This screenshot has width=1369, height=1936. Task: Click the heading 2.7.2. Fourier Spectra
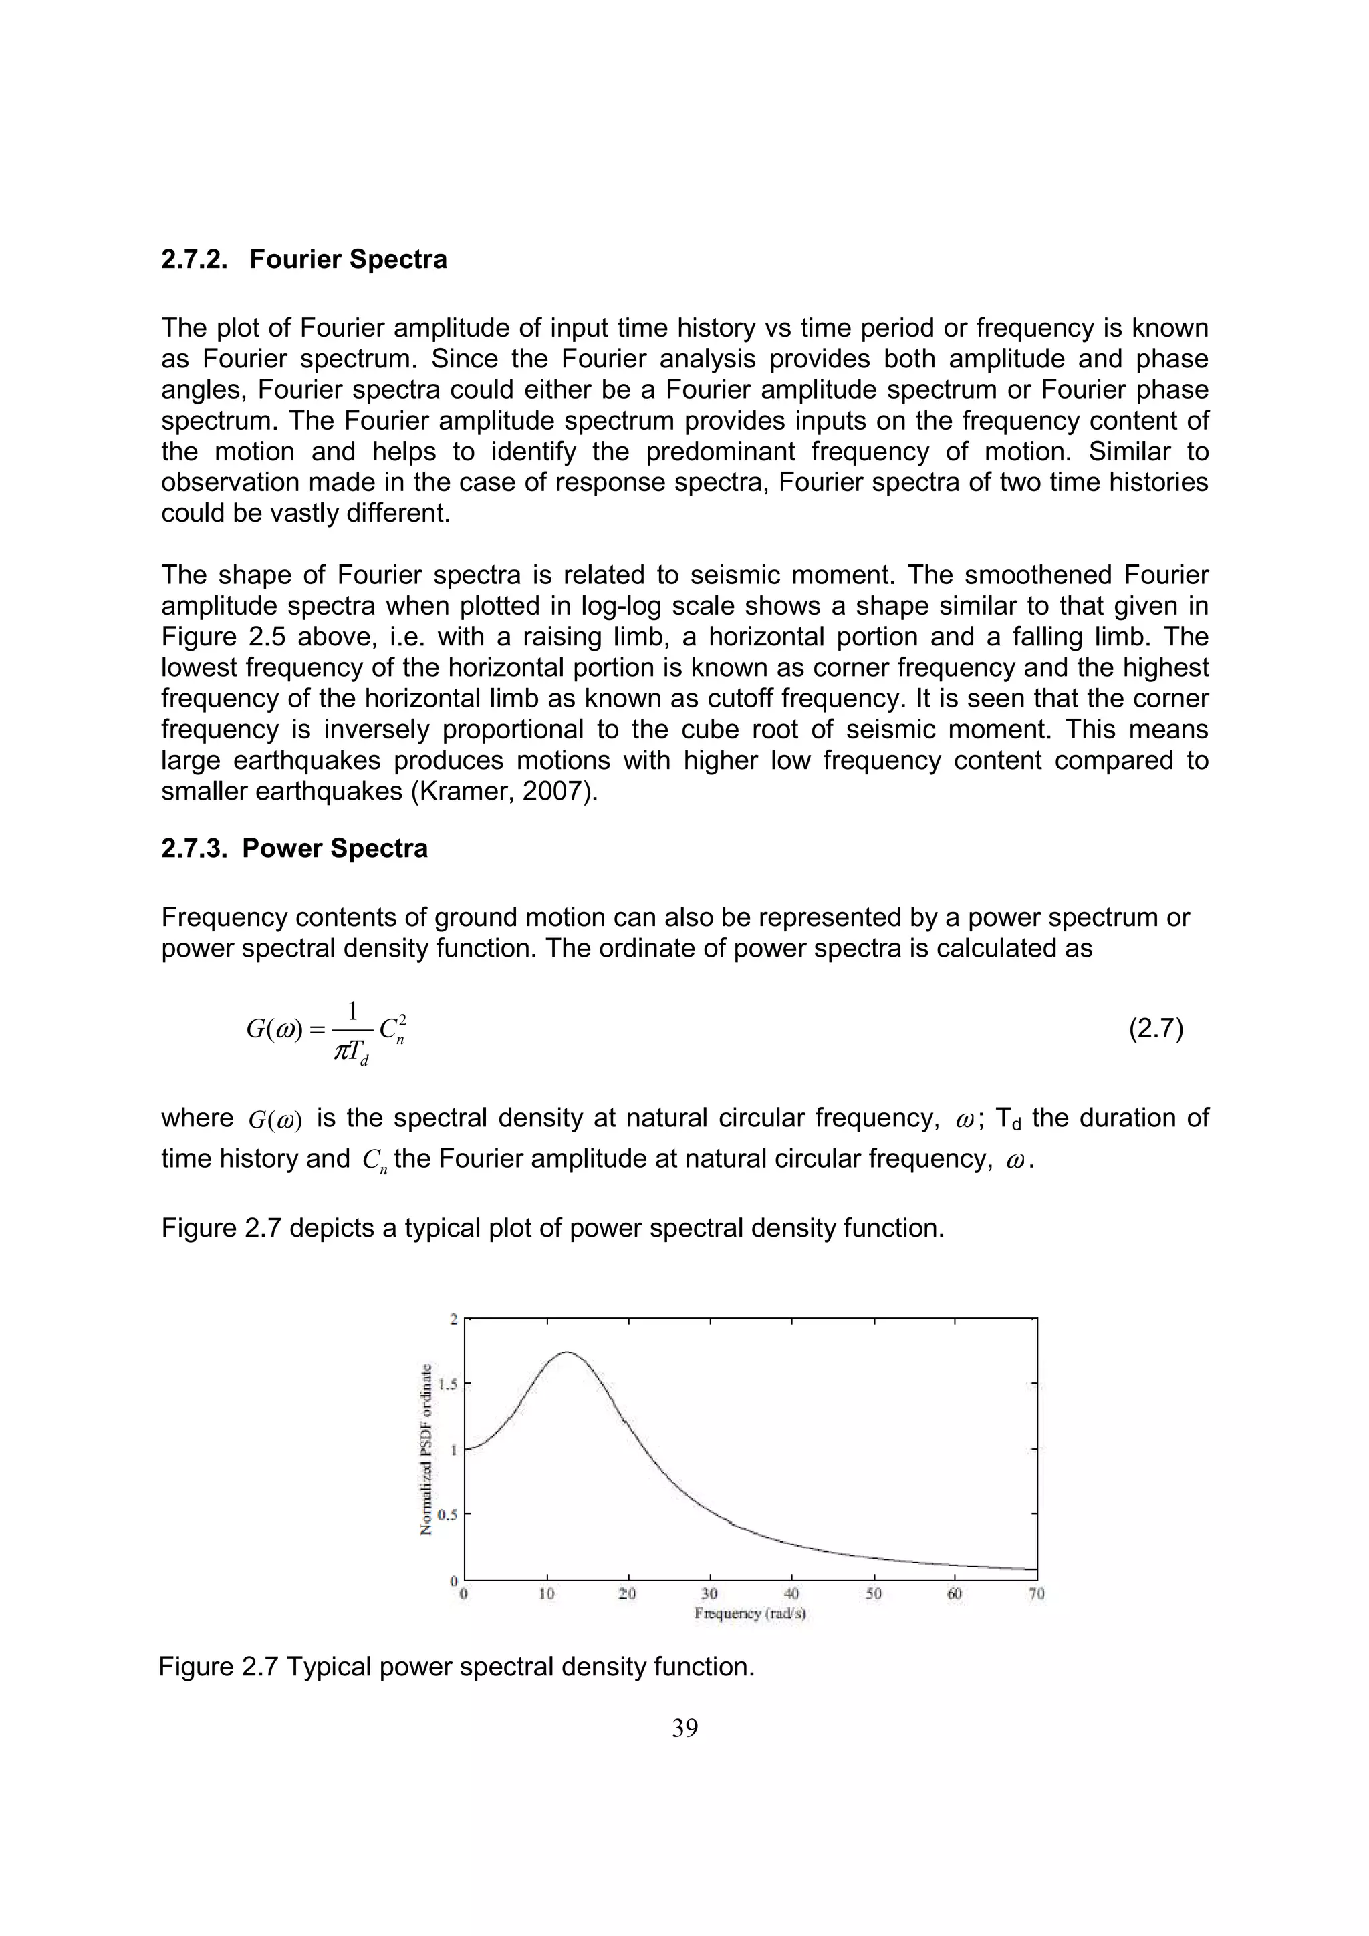[x=303, y=259]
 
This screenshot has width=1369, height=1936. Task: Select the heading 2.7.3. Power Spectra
[x=293, y=848]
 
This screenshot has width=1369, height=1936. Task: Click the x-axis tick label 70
[x=1037, y=1594]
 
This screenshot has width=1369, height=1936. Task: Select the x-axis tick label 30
[x=709, y=1594]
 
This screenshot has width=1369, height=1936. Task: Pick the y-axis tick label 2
[x=454, y=1319]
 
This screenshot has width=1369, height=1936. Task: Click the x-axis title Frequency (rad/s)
[x=750, y=1613]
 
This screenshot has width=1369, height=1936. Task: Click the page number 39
[x=684, y=1729]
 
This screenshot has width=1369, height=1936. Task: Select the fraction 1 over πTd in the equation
[x=352, y=1032]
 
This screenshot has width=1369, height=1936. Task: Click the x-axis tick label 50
[x=873, y=1594]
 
